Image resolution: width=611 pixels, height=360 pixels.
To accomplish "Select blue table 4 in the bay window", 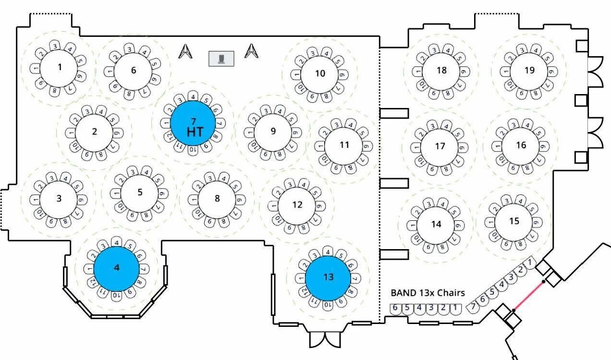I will (x=116, y=268).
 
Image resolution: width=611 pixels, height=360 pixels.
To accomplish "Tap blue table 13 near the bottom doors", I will (x=328, y=277).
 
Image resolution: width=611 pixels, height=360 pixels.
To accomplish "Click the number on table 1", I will (x=60, y=67).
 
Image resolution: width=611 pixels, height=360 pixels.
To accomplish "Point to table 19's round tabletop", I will (x=529, y=71).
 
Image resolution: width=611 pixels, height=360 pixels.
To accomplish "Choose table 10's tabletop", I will (x=320, y=73).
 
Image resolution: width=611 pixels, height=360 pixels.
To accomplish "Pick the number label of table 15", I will (x=514, y=221).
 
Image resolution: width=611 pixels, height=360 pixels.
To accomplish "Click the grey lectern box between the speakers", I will (x=221, y=59).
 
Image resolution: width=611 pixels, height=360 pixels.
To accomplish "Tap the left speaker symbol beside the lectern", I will (x=184, y=51).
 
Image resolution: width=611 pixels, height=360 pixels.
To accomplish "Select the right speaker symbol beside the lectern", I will (x=251, y=51).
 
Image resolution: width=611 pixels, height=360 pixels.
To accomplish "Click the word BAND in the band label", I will (x=403, y=293).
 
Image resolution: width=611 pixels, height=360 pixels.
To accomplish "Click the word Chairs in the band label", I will (x=451, y=293).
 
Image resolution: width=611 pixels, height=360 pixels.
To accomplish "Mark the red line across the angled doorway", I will (x=528, y=296).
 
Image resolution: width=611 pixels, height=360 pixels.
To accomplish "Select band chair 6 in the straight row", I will (x=395, y=308).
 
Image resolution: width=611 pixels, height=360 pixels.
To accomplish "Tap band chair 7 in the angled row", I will (x=473, y=306).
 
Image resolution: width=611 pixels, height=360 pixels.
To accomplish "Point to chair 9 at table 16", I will (x=544, y=145).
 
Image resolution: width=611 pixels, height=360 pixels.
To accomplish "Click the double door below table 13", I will (x=325, y=339).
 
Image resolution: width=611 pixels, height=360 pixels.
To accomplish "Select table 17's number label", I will (x=440, y=146).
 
